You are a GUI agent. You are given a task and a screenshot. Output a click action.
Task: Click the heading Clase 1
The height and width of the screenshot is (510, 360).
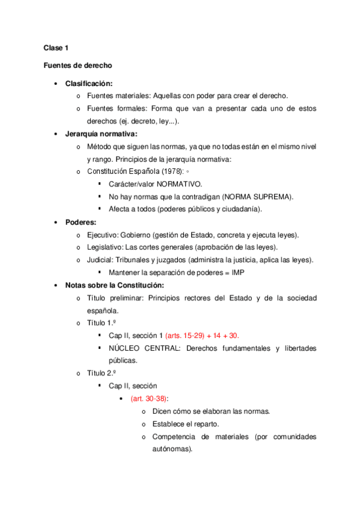(55, 48)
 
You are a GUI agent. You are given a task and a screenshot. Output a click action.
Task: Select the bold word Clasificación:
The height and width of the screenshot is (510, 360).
(89, 83)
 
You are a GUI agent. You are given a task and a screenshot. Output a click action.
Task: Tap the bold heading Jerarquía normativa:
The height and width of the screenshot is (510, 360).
(102, 134)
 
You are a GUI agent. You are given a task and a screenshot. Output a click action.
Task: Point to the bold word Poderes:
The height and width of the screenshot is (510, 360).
(81, 222)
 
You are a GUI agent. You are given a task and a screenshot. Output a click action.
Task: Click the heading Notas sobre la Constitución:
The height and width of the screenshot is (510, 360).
(114, 285)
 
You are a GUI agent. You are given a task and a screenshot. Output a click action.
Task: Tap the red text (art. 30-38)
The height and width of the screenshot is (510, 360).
(150, 399)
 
